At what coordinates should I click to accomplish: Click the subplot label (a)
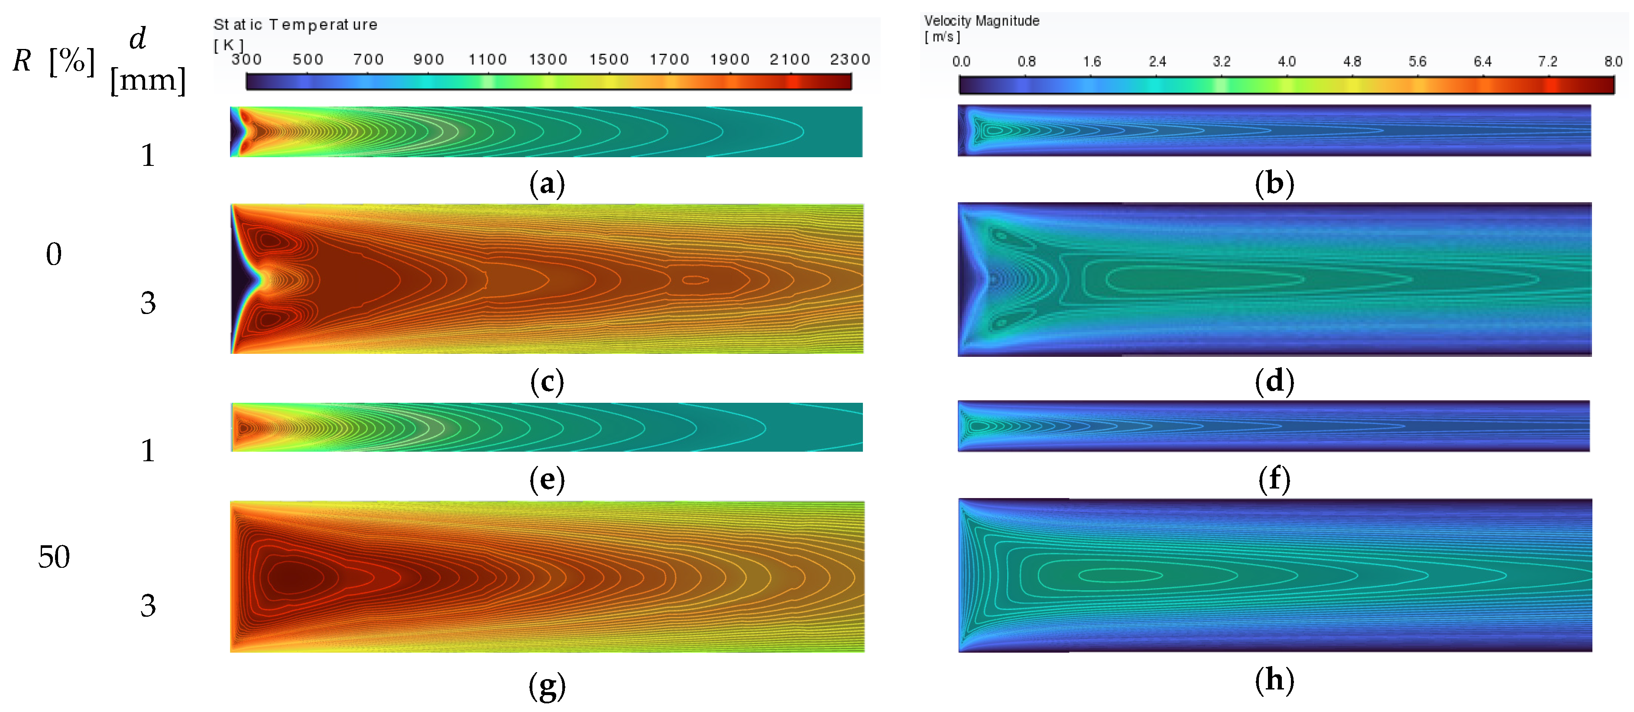pos(546,184)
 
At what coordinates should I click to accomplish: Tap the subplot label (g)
pos(546,686)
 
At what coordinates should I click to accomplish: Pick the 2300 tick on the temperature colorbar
pos(849,60)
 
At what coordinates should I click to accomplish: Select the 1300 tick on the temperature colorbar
pos(548,60)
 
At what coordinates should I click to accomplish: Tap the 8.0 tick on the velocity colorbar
pos(1613,61)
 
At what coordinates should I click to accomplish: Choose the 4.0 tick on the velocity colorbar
pos(1287,61)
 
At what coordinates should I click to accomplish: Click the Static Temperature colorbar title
pos(295,25)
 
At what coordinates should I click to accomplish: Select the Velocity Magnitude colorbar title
pos(981,21)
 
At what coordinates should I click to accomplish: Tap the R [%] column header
pos(54,61)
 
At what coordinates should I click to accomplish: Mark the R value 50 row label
pos(54,557)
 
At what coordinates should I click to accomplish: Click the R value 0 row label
pos(54,254)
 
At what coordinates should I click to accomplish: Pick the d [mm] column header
pos(148,60)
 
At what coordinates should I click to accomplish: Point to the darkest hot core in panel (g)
pos(293,577)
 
